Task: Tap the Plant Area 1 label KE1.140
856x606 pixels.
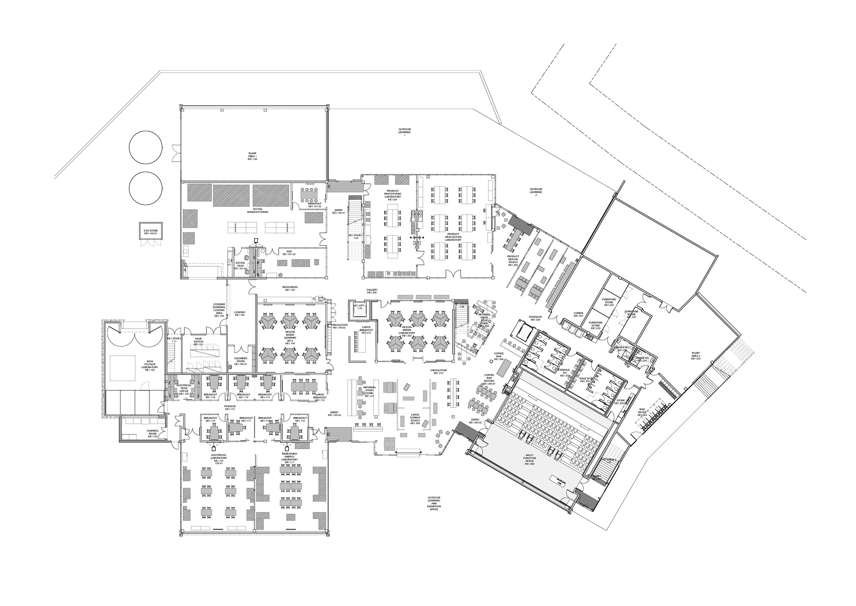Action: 252,156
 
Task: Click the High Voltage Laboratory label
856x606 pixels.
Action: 150,364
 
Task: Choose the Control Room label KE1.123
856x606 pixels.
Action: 153,434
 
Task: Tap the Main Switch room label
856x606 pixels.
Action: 199,342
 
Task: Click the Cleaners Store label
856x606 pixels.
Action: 241,360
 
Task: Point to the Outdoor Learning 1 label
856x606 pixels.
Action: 404,132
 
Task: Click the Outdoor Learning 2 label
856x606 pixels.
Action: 536,192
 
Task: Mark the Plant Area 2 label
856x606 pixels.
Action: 696,355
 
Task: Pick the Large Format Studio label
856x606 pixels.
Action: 415,419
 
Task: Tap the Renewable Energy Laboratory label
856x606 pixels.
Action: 289,458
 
